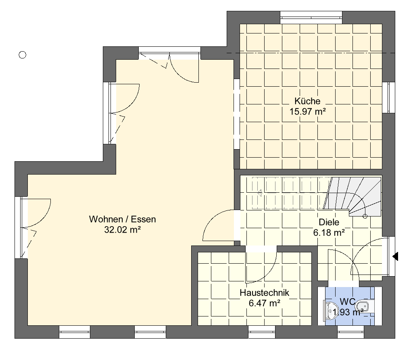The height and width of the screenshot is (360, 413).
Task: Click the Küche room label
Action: [x=307, y=101]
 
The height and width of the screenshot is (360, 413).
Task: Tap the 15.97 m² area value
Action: [x=308, y=112]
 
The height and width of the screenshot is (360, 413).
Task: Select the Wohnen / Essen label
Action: [x=123, y=219]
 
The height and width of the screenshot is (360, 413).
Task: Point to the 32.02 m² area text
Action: [x=123, y=230]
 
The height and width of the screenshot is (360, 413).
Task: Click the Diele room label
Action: [x=329, y=222]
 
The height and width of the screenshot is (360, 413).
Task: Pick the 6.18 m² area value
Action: [x=329, y=233]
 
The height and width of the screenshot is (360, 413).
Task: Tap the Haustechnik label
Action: [x=265, y=293]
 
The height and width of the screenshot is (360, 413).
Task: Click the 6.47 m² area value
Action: [x=265, y=304]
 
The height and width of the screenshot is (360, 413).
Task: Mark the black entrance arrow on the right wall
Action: [x=395, y=256]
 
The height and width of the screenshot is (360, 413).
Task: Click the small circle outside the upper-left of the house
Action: [x=23, y=55]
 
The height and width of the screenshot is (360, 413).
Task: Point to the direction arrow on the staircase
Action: [x=259, y=193]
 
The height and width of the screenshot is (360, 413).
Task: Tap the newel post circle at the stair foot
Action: [x=365, y=216]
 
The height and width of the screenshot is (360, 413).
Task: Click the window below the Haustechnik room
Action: [x=261, y=332]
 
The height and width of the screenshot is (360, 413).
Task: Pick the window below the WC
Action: [x=350, y=332]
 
